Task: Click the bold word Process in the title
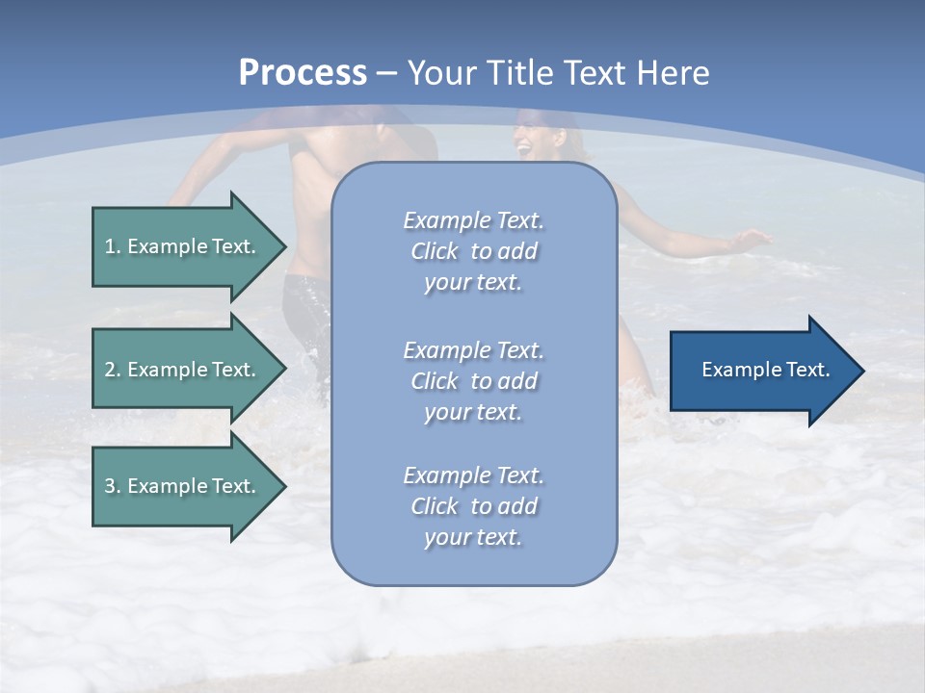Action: pos(303,73)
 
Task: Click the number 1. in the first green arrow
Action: pos(113,246)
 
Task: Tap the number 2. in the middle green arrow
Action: pos(113,370)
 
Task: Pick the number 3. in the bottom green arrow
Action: pos(113,486)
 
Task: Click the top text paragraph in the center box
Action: pos(473,251)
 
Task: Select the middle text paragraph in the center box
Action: pos(473,381)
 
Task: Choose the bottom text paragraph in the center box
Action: pos(473,506)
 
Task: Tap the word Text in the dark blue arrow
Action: pos(808,370)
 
